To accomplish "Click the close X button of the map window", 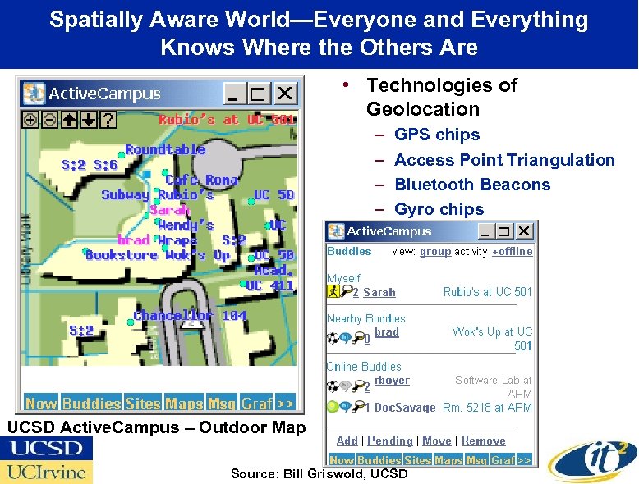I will click(285, 94).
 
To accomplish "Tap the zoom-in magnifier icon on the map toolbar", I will click(30, 120).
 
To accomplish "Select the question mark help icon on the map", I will click(108, 120).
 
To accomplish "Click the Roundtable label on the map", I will click(165, 149).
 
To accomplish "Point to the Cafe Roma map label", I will click(201, 180).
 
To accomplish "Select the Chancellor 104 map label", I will click(190, 316).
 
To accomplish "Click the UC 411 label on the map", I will click(270, 285).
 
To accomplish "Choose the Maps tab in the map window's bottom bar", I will click(184, 403).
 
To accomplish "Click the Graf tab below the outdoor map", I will click(256, 403).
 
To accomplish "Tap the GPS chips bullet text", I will click(437, 135).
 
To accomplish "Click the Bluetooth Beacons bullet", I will click(472, 185).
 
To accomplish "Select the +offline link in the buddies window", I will click(513, 252).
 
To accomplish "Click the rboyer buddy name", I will click(392, 380).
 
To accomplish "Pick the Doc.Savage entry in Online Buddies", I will click(405, 408).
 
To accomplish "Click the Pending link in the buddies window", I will click(389, 441).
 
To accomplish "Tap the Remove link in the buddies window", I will click(483, 441).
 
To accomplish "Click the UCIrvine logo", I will click(47, 472).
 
